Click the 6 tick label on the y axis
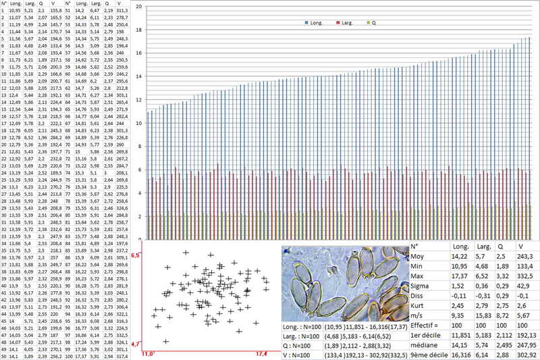click(x=138, y=170)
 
